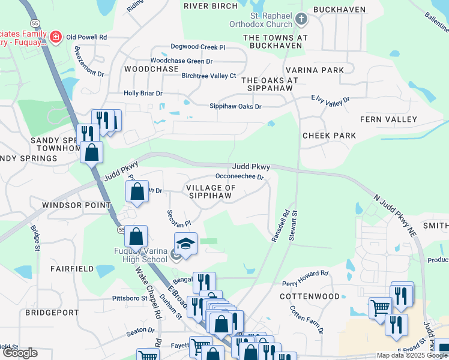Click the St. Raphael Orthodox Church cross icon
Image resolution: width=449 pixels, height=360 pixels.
(x=301, y=20)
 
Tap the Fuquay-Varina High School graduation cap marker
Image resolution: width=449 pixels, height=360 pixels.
(x=185, y=244)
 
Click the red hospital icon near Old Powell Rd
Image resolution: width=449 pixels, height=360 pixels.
(x=56, y=37)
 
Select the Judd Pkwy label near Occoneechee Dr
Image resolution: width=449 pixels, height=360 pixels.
(x=252, y=167)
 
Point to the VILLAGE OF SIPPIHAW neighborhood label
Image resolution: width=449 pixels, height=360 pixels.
(x=211, y=191)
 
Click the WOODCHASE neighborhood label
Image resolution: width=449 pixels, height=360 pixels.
(x=151, y=69)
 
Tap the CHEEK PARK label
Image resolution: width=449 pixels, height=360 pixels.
(x=330, y=136)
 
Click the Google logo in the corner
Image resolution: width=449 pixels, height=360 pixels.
(x=20, y=353)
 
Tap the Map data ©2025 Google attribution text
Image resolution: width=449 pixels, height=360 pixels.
(x=412, y=355)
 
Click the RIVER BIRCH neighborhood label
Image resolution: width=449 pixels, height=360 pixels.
(x=211, y=6)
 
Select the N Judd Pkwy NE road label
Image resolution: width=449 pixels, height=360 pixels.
(x=394, y=214)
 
